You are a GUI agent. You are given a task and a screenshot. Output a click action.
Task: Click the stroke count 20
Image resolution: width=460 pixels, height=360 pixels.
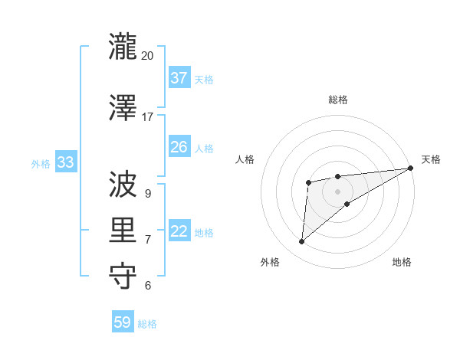148,56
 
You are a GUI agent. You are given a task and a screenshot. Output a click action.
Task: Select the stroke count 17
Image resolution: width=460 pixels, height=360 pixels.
148,117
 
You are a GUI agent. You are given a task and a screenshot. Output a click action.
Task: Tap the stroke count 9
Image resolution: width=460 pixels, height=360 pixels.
148,193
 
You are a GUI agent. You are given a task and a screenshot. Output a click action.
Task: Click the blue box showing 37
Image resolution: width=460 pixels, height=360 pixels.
179,77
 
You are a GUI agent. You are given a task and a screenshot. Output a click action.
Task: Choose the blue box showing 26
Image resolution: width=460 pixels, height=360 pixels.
179,146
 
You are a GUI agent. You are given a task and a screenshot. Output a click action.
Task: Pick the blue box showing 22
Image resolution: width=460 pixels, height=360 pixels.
179,232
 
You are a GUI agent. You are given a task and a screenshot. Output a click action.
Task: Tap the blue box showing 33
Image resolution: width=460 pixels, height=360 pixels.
66,162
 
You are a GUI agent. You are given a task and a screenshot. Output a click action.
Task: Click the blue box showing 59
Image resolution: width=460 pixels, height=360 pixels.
123,322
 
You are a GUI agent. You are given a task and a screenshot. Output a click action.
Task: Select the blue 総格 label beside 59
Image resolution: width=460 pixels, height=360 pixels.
147,324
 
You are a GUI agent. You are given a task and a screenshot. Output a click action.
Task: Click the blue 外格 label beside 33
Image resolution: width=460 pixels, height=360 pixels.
41,163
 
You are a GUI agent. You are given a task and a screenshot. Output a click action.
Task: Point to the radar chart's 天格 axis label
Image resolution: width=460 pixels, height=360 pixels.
431,159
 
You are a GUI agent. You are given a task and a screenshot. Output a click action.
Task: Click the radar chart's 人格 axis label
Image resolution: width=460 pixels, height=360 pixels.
245,159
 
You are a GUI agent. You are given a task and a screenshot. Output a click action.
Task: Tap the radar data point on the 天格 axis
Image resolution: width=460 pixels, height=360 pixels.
410,168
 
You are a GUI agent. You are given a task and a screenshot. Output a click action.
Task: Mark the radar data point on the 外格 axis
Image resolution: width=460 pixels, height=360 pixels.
302,242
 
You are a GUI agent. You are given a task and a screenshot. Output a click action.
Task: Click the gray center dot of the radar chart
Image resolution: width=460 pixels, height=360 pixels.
337,191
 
